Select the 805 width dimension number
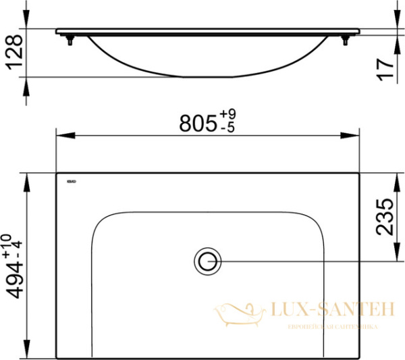point(197,124)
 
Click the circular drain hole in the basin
point(207,260)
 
